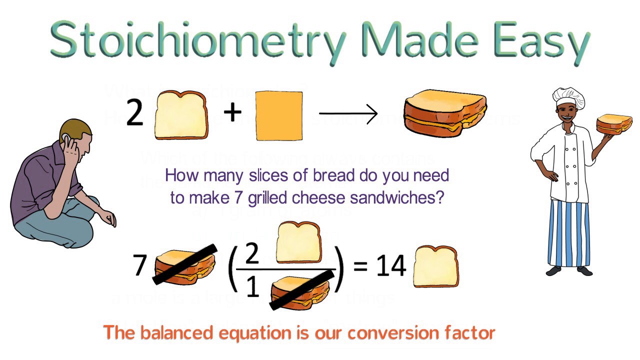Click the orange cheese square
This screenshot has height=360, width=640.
(x=279, y=116)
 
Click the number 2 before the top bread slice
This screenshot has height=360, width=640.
(x=135, y=113)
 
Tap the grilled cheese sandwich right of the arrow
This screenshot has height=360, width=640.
(x=444, y=112)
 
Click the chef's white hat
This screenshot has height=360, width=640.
(x=568, y=97)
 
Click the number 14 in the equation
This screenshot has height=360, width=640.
(x=390, y=266)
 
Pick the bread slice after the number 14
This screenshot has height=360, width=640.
(x=435, y=266)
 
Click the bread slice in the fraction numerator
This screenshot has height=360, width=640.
(x=298, y=242)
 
